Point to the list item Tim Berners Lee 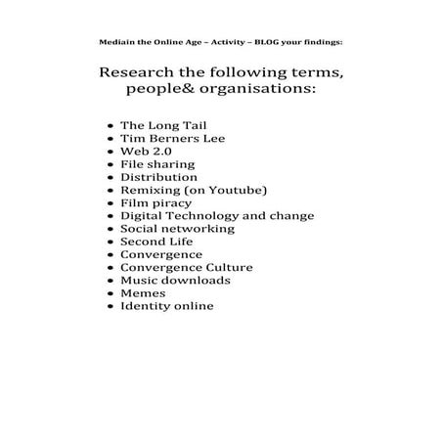click(163, 140)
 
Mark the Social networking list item click(177, 229)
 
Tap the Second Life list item click(156, 242)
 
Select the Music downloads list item click(175, 280)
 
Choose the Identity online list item click(166, 305)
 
